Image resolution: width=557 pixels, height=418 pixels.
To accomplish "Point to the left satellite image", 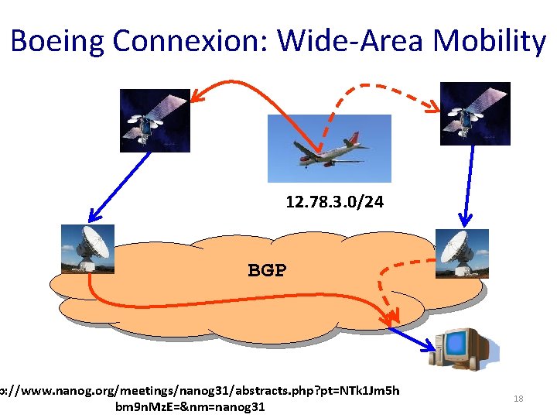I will tap(155, 120).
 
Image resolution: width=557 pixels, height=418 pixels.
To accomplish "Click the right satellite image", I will tap(474, 113).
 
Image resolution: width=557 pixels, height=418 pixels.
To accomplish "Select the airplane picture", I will tap(329, 149).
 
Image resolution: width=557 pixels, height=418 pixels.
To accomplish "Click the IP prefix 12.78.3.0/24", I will tap(334, 203).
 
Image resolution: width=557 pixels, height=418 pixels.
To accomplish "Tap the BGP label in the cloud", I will tap(267, 270).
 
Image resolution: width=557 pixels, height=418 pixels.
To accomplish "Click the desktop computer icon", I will tap(461, 351).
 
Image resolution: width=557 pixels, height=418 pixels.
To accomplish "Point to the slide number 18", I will tap(518, 399).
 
